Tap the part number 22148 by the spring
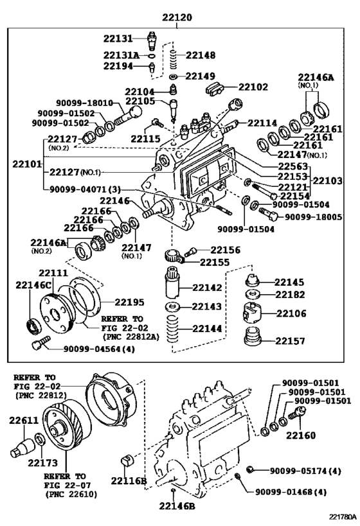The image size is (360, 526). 200,55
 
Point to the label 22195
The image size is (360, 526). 129,301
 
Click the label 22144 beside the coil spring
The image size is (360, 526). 206,329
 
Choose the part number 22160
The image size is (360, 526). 301,435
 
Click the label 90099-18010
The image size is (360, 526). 84,103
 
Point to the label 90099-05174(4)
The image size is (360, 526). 303,470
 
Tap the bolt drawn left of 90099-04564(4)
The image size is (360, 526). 39,344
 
